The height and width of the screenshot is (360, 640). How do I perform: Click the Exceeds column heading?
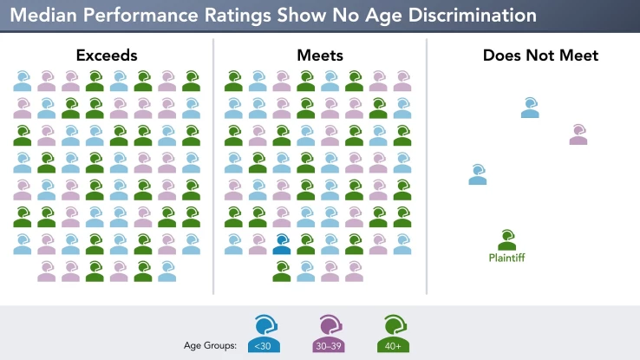pyautogui.click(x=106, y=56)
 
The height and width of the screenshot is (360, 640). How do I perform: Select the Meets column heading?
pyautogui.click(x=319, y=56)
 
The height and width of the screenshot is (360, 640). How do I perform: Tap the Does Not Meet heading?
pyautogui.click(x=540, y=56)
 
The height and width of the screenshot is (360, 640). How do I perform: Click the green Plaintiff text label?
pyautogui.click(x=506, y=258)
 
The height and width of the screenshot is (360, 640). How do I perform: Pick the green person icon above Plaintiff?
pyautogui.click(x=507, y=239)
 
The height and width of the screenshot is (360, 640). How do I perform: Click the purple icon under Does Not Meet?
pyautogui.click(x=578, y=135)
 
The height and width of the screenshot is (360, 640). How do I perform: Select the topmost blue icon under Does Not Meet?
pyautogui.click(x=530, y=108)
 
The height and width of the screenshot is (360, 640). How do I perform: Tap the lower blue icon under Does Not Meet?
pyautogui.click(x=478, y=174)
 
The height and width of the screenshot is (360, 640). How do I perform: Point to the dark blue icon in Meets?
pyautogui.click(x=282, y=244)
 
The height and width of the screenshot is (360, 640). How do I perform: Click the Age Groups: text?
pyautogui.click(x=211, y=346)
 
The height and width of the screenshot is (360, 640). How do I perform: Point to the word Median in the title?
pyautogui.click(x=42, y=16)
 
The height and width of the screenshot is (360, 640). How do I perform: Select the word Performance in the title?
pyautogui.click(x=134, y=16)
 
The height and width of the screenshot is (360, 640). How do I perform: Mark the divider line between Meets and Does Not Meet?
pyautogui.click(x=427, y=165)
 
